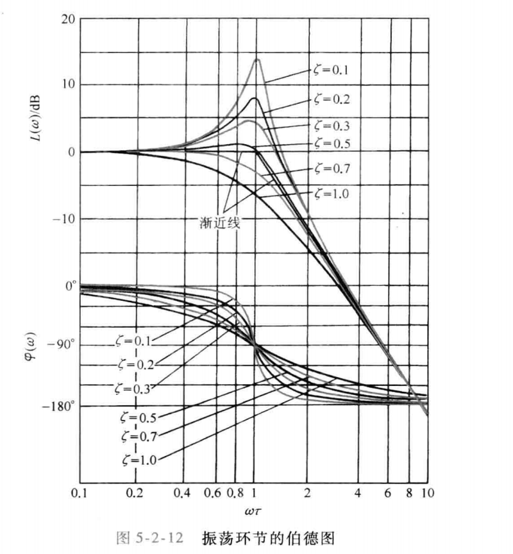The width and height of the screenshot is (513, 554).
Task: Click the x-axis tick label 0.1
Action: pyautogui.click(x=80, y=494)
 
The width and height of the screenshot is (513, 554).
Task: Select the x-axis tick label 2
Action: pyautogui.click(x=308, y=494)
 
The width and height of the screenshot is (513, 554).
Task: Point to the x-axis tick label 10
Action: pyautogui.click(x=428, y=494)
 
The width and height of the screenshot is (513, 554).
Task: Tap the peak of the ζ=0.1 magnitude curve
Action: pyautogui.click(x=256, y=59)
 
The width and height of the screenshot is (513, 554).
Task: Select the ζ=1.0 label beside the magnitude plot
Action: pyautogui.click(x=332, y=192)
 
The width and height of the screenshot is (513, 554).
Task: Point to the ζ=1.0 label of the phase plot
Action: pyautogui.click(x=139, y=459)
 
